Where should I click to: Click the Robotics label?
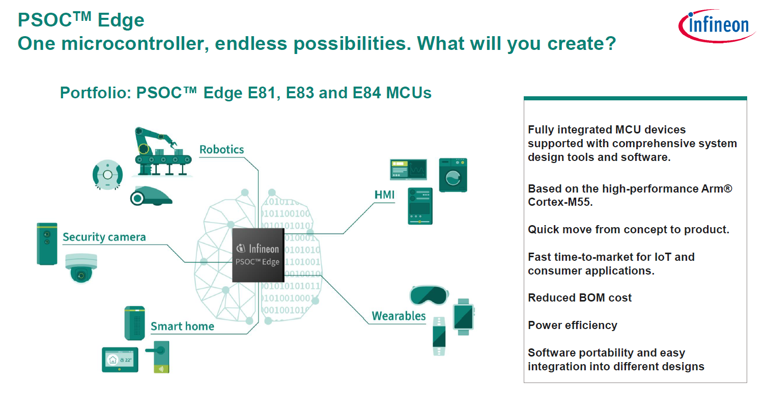(221, 150)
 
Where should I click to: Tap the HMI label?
(384, 195)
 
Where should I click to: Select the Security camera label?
(104, 237)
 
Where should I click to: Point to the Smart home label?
(182, 326)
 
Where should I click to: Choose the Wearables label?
(399, 316)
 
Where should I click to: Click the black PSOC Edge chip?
(258, 255)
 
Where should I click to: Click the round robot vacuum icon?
(107, 175)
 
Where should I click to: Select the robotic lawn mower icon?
(151, 196)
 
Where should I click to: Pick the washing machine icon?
(452, 175)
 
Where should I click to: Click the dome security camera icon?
(80, 268)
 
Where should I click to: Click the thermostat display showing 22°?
(120, 360)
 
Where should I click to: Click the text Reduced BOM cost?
(579, 298)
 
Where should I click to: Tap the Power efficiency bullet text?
(572, 325)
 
